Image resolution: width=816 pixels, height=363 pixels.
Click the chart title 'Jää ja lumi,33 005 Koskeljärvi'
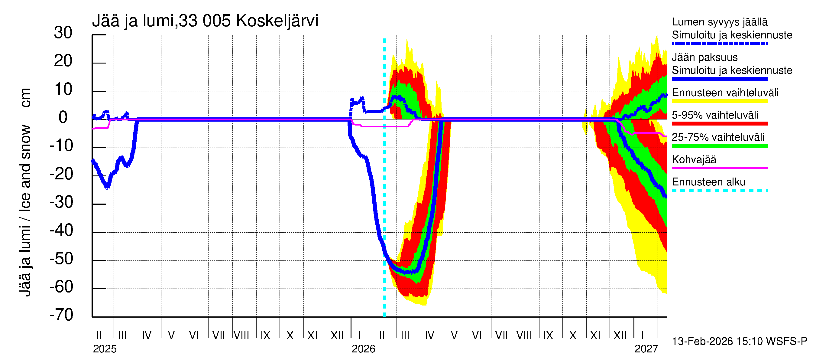click(x=205, y=21)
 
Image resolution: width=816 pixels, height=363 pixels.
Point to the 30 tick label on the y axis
click(x=63, y=33)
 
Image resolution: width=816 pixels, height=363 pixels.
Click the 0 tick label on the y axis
click(x=63, y=117)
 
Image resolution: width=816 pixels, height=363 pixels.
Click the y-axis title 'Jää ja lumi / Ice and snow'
click(x=25, y=211)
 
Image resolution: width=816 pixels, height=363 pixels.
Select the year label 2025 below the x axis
click(x=105, y=349)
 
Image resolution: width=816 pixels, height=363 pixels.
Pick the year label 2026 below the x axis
click(x=363, y=349)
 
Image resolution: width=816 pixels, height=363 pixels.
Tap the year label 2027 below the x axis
click(x=646, y=349)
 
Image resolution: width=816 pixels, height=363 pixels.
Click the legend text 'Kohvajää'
click(x=694, y=159)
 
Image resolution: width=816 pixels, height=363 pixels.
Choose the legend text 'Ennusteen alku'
click(x=708, y=182)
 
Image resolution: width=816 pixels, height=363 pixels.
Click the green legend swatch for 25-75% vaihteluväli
click(x=719, y=146)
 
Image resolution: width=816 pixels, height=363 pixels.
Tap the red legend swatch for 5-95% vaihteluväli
click(x=719, y=124)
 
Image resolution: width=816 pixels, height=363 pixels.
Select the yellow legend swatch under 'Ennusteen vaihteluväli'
click(x=719, y=101)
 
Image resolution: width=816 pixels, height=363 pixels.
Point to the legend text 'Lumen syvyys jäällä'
click(x=719, y=22)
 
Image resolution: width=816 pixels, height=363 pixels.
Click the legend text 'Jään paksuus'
click(x=704, y=57)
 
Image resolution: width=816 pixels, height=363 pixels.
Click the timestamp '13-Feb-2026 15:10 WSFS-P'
click(x=739, y=341)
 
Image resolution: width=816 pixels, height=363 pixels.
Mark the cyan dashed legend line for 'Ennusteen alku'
click(x=719, y=191)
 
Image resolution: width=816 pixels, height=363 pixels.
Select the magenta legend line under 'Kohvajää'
click(x=719, y=168)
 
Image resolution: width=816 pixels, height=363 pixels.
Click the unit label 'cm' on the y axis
click(x=25, y=98)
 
